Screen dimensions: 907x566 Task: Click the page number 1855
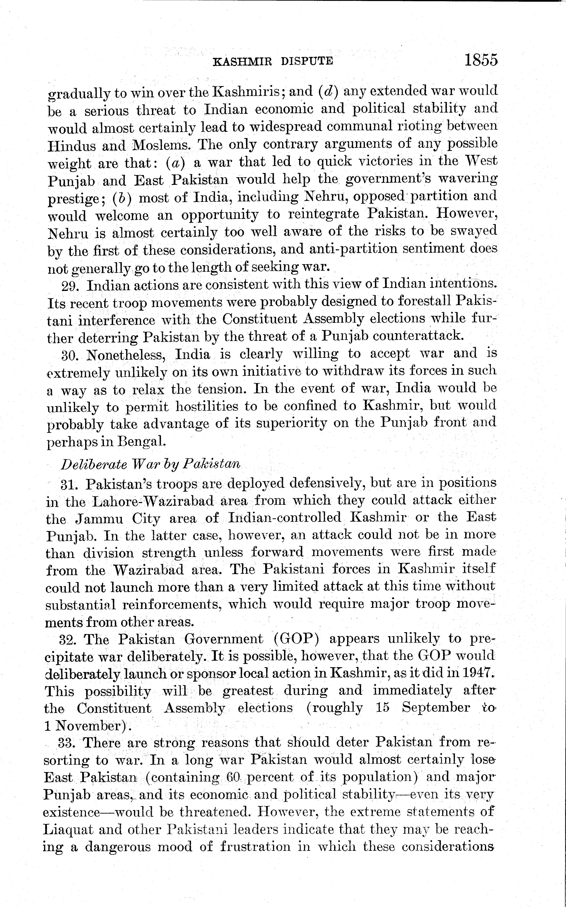click(481, 60)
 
